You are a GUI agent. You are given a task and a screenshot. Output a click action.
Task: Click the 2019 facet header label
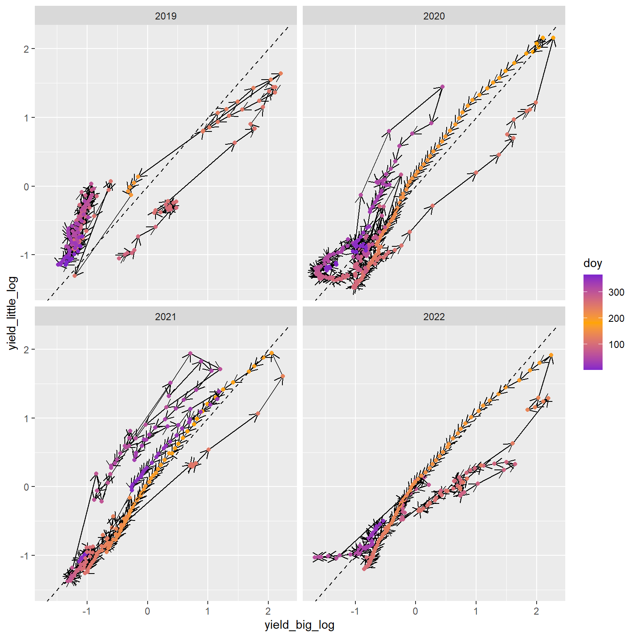(165, 16)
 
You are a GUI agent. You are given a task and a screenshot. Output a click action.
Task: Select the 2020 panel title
(434, 16)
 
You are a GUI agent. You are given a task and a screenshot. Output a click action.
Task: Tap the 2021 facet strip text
(165, 317)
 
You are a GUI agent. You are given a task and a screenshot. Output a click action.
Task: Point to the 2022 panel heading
(434, 317)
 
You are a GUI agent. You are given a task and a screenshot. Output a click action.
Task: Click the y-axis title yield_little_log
(13, 313)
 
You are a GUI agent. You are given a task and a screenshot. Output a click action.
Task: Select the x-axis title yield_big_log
(299, 625)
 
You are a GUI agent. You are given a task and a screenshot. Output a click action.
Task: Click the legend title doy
(593, 263)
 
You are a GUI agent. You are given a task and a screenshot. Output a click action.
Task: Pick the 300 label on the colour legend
(616, 292)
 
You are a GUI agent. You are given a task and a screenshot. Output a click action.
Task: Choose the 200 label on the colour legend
(616, 318)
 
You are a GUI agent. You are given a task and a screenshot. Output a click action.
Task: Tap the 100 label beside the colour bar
(616, 345)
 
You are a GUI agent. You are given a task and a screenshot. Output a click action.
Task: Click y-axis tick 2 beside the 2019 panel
(27, 49)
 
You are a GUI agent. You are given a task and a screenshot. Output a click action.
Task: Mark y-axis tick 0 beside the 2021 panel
(27, 487)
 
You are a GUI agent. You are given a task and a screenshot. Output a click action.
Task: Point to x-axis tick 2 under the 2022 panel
(536, 611)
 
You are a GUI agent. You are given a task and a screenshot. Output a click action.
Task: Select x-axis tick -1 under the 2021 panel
(87, 611)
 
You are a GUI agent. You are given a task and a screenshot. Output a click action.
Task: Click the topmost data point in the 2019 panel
(281, 73)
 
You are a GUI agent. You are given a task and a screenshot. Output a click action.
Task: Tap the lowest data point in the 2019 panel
(75, 275)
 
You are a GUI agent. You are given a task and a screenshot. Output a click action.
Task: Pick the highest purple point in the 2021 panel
(190, 353)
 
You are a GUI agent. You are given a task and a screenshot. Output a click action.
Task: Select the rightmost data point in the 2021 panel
(283, 376)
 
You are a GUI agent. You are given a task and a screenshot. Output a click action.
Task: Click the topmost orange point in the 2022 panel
(551, 355)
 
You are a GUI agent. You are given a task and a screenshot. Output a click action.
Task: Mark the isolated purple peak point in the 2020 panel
(442, 87)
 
